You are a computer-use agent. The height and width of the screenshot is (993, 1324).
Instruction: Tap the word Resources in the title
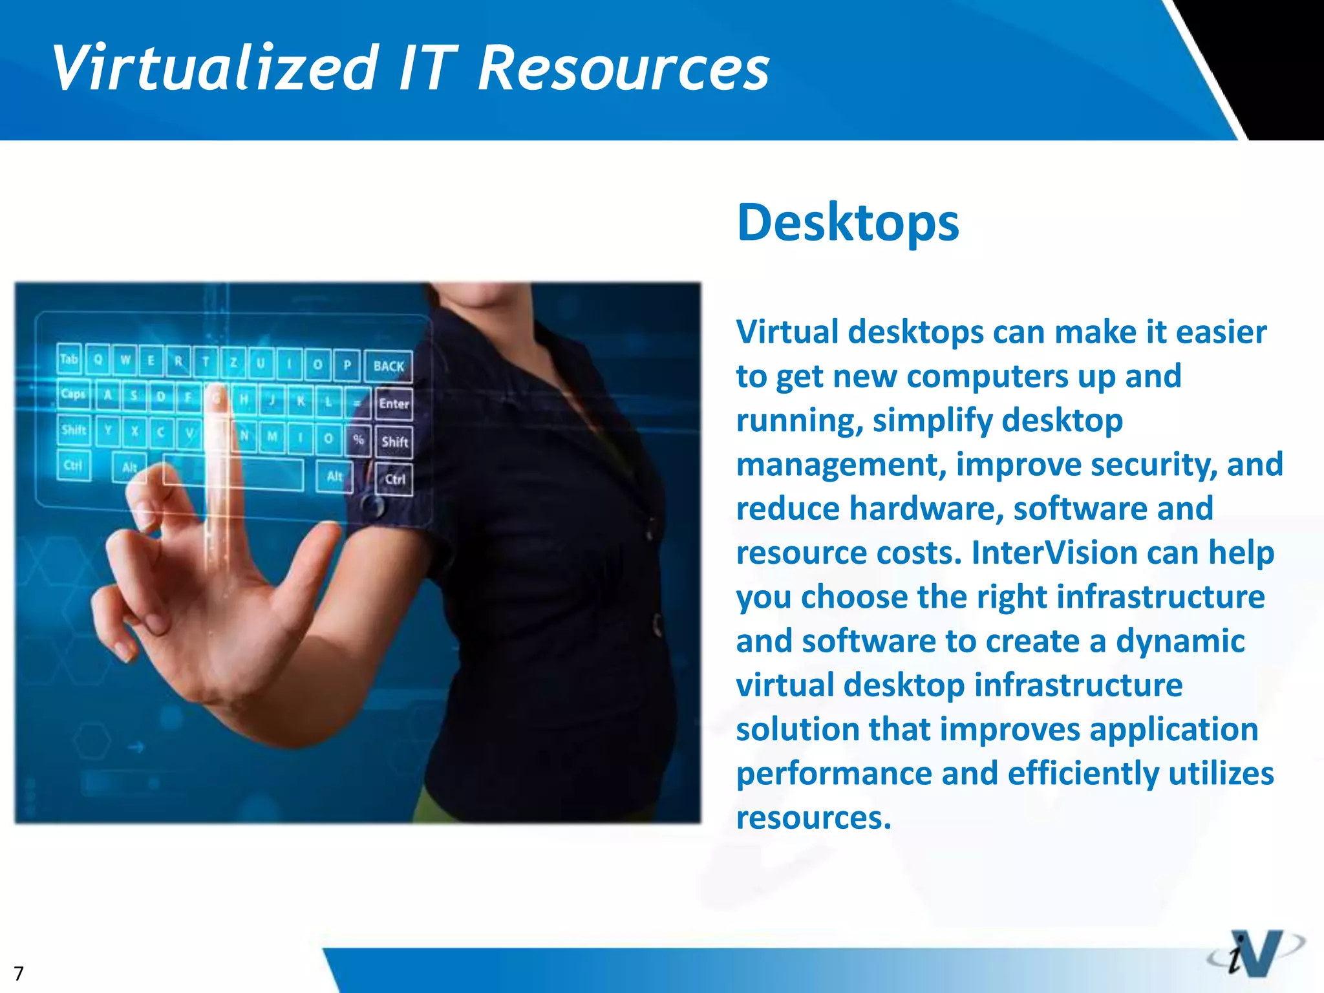623,68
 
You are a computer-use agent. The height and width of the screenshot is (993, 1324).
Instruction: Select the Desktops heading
848,222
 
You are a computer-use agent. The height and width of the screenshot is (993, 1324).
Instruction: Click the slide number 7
19,974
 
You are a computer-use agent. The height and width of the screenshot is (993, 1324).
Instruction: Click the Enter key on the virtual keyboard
394,404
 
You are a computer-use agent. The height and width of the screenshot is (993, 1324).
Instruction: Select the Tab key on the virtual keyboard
69,359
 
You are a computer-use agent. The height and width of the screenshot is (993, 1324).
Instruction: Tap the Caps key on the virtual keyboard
73,394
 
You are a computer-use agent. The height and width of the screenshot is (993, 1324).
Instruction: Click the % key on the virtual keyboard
358,439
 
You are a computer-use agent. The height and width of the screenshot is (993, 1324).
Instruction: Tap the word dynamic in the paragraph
1180,641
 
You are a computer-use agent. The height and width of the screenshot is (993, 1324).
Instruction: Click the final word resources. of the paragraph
813,818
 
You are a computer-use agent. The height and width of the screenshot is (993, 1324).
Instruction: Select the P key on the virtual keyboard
347,365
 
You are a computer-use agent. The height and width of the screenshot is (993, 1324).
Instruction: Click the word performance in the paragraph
834,774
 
